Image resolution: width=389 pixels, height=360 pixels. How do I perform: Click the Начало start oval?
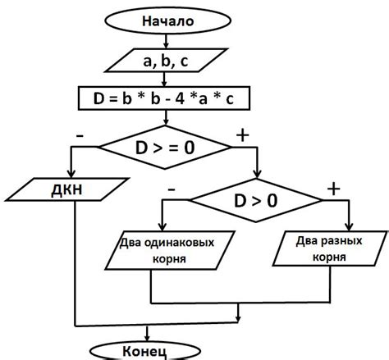[167, 21]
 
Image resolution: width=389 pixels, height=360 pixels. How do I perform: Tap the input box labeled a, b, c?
[167, 60]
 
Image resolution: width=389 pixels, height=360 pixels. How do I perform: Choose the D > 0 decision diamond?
[256, 200]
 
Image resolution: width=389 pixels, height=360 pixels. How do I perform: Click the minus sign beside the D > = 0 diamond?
[80, 131]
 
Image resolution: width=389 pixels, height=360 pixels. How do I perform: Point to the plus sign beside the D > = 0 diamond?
[243, 132]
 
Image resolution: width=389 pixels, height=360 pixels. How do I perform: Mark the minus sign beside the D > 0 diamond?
[172, 188]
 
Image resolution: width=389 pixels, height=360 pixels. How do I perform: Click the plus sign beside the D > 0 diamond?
[333, 188]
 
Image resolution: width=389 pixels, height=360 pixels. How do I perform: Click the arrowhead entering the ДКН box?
[75, 175]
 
